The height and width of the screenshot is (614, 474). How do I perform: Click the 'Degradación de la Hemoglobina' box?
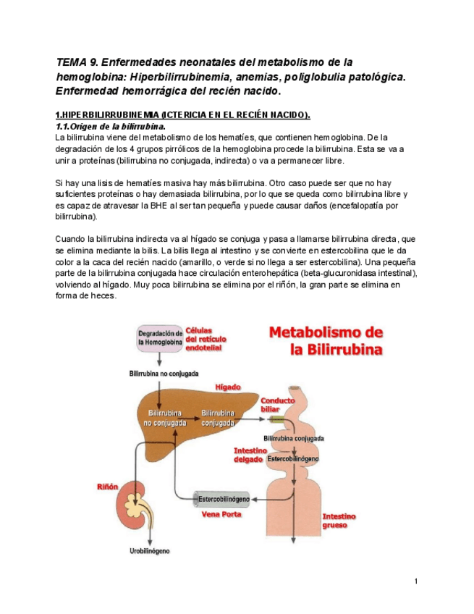[158, 337]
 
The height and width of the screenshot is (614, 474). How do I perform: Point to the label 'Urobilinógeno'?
[150, 551]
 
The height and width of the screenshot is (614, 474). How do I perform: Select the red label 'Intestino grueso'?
[339, 521]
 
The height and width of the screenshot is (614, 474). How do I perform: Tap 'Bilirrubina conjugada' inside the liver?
[218, 416]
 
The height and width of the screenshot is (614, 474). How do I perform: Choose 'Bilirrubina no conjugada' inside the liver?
[163, 416]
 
